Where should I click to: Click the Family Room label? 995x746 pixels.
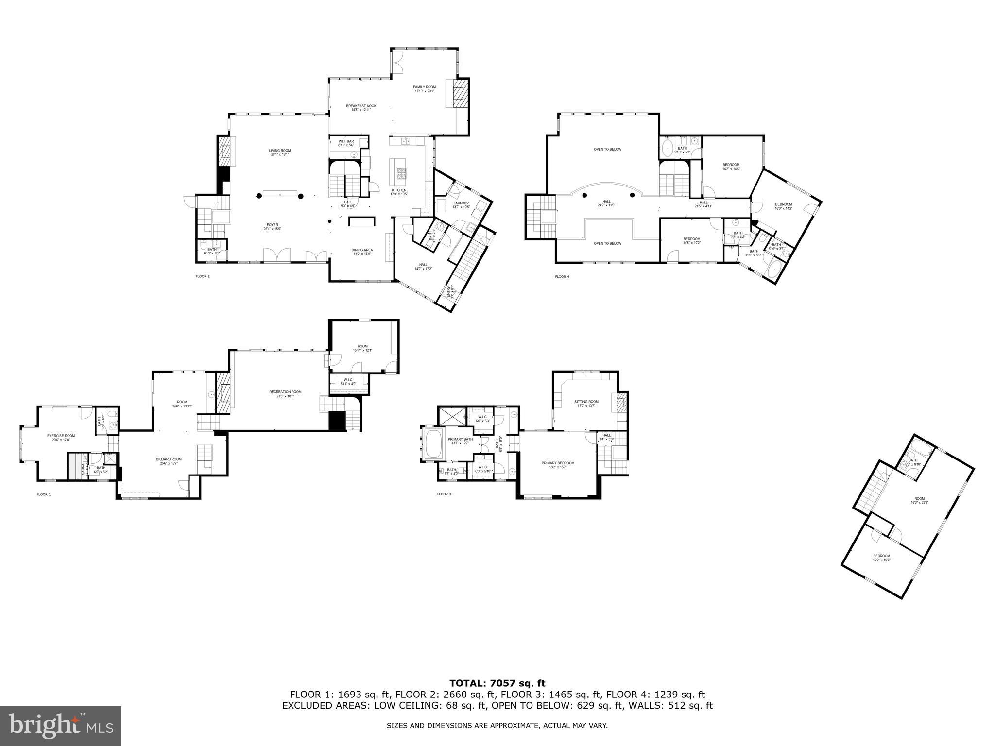click(x=424, y=89)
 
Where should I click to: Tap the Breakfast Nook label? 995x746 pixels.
click(x=361, y=108)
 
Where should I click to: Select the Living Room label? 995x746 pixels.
click(x=280, y=152)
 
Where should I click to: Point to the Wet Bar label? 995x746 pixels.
click(x=346, y=143)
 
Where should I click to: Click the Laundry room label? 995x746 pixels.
click(x=461, y=205)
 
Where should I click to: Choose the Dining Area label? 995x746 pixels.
click(x=362, y=252)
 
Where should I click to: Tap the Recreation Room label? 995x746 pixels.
click(x=285, y=393)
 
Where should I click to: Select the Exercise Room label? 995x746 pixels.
click(x=61, y=437)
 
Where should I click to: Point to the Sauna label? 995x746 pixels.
click(x=83, y=469)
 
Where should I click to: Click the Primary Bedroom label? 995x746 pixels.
click(x=558, y=465)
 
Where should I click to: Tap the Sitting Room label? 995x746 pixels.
click(x=586, y=403)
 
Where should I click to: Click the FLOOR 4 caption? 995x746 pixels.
click(x=562, y=277)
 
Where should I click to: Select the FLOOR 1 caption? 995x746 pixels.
click(x=43, y=494)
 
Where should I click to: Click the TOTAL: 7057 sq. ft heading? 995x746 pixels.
click(x=497, y=683)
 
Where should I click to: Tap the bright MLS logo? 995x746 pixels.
click(x=61, y=726)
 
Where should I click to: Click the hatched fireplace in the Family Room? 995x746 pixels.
click(x=460, y=94)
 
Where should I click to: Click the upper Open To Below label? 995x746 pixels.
click(x=607, y=149)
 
